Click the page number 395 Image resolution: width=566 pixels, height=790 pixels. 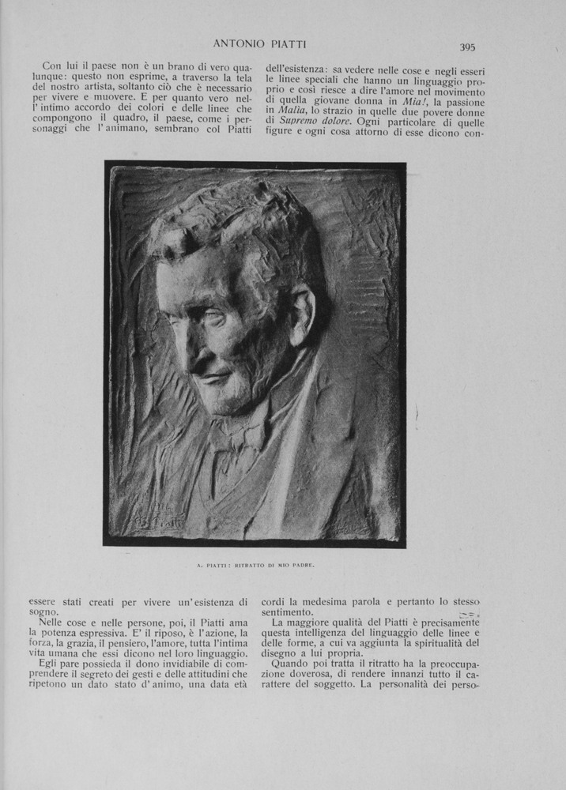tap(467, 47)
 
